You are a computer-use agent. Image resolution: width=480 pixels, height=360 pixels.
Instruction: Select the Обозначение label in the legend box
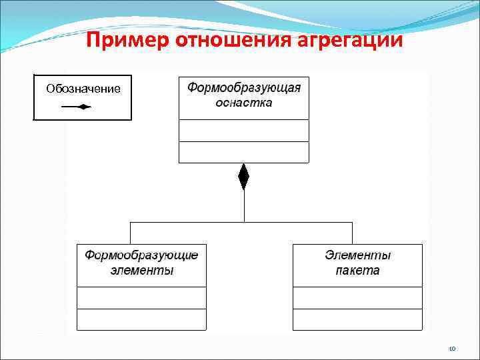tap(83, 89)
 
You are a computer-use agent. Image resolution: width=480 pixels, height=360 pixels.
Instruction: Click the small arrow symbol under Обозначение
tap(77, 107)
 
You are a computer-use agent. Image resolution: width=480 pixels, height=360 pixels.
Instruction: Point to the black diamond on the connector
tap(243, 177)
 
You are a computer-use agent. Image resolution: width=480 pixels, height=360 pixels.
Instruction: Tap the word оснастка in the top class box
tap(244, 103)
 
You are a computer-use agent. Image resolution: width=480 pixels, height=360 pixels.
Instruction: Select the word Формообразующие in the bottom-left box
tap(141, 255)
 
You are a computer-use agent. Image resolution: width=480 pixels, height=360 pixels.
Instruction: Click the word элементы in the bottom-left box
tap(141, 270)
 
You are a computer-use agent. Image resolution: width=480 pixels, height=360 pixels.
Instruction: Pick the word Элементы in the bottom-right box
tap(358, 255)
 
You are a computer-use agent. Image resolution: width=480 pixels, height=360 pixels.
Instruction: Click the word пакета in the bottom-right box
tap(358, 270)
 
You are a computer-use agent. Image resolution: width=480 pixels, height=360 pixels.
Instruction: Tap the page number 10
tap(452, 348)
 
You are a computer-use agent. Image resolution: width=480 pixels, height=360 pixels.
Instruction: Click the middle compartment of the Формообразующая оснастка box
tap(244, 131)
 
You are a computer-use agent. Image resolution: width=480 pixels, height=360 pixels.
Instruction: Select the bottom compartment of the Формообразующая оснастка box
tap(244, 152)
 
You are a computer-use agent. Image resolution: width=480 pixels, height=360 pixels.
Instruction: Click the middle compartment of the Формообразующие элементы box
tap(141, 297)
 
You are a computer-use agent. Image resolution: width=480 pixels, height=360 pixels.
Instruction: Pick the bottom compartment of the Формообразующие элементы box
tap(141, 319)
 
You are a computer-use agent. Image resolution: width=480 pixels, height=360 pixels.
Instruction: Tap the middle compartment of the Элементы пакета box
tap(358, 297)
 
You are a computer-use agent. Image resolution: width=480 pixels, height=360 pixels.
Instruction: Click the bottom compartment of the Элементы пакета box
tap(358, 319)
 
